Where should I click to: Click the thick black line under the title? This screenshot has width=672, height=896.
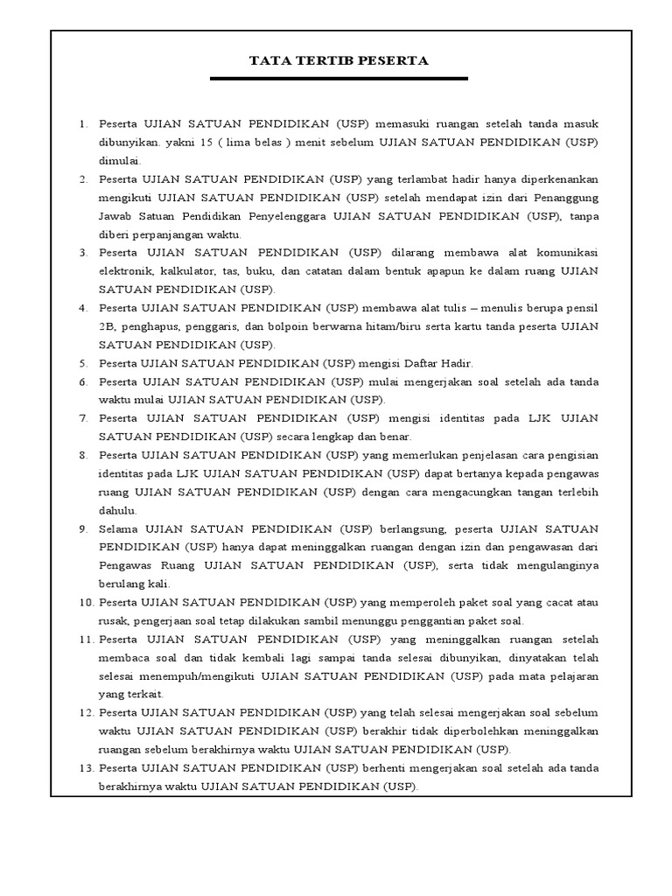pyautogui.click(x=339, y=80)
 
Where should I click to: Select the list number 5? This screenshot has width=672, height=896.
pyautogui.click(x=84, y=362)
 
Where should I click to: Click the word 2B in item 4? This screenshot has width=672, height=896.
pyautogui.click(x=108, y=325)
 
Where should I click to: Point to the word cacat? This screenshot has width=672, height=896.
pyautogui.click(x=550, y=602)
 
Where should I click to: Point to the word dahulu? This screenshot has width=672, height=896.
pyautogui.click(x=119, y=509)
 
